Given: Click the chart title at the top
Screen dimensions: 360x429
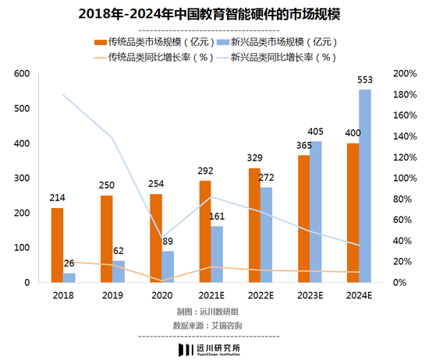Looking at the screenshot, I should point(214,15).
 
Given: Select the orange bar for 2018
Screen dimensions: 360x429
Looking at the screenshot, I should point(57,245).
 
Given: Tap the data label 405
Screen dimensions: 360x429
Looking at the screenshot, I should point(316,132).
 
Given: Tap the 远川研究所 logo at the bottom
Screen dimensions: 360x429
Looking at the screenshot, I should point(214,348).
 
